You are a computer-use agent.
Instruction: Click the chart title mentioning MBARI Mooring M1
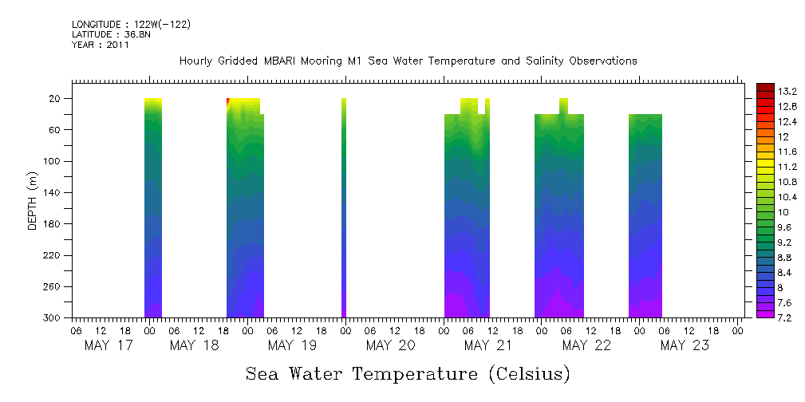[408, 61]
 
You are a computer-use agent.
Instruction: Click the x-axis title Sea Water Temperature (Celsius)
[408, 373]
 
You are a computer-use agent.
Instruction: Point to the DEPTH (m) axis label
[33, 199]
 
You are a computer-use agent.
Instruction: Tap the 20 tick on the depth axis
[56, 99]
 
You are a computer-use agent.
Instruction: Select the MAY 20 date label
[391, 345]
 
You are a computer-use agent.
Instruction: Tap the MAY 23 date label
[685, 345]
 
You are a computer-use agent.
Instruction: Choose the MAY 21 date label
[488, 345]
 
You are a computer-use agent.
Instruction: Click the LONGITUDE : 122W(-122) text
[131, 25]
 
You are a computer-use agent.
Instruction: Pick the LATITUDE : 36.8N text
[111, 35]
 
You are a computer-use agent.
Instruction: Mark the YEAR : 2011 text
[100, 45]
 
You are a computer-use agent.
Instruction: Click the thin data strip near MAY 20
[344, 207]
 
